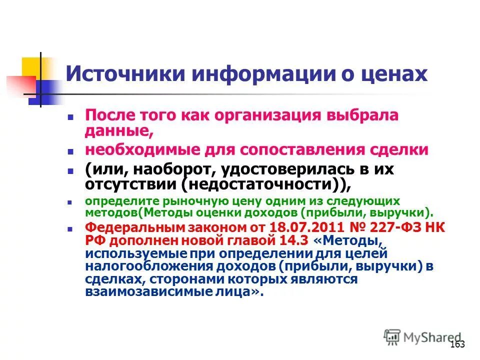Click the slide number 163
[x=457, y=344]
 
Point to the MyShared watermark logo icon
[x=392, y=337]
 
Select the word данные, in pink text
[x=118, y=131]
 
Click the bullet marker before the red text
[x=70, y=227]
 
